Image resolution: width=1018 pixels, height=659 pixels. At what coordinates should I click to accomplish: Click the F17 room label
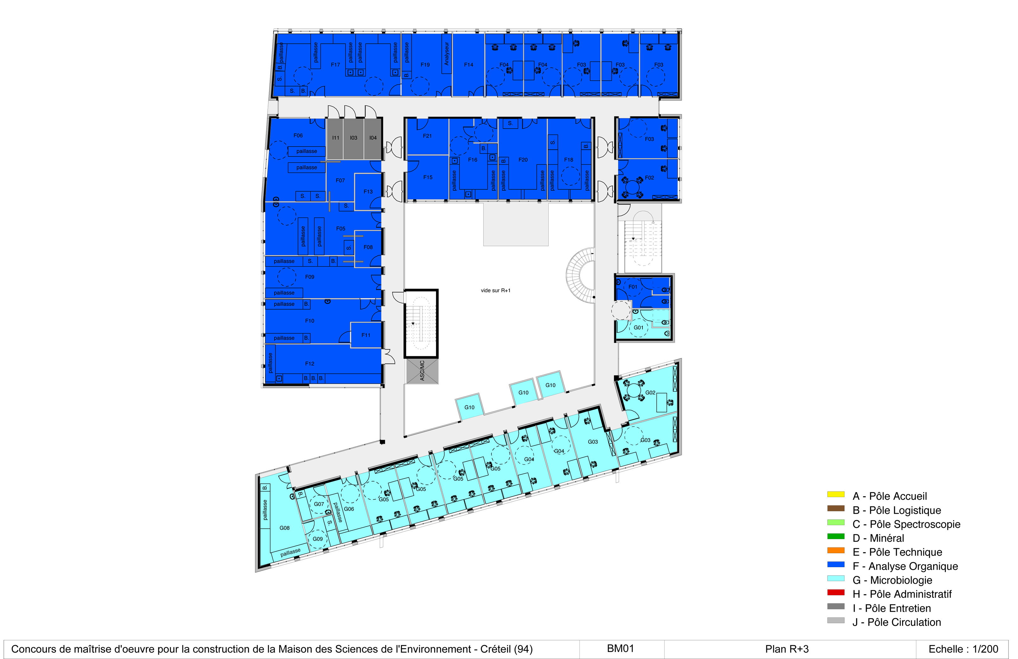pyautogui.click(x=335, y=65)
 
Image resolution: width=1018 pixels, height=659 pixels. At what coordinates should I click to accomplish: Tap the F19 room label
pyautogui.click(x=425, y=65)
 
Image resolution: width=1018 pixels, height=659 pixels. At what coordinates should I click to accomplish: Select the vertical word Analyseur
pyautogui.click(x=446, y=54)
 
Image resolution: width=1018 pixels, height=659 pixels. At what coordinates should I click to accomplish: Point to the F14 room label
pyautogui.click(x=469, y=65)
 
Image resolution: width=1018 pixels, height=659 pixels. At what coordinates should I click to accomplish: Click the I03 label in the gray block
pyautogui.click(x=353, y=138)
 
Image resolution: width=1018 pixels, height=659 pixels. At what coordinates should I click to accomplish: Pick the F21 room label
pyautogui.click(x=427, y=136)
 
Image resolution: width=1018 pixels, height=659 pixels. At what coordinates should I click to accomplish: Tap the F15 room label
pyautogui.click(x=428, y=177)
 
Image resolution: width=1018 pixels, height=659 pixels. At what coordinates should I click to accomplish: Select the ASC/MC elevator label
pyautogui.click(x=422, y=370)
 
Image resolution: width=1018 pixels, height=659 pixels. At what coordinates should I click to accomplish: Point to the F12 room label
pyautogui.click(x=310, y=364)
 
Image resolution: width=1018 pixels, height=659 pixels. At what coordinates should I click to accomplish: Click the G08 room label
pyautogui.click(x=284, y=528)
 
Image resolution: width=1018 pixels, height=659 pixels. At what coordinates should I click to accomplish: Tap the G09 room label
pyautogui.click(x=318, y=539)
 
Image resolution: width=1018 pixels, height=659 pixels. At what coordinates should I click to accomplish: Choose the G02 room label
pyautogui.click(x=650, y=393)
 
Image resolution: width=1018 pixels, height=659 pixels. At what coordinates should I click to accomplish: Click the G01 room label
pyautogui.click(x=639, y=327)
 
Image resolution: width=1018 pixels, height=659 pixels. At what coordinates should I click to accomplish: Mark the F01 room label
pyautogui.click(x=633, y=287)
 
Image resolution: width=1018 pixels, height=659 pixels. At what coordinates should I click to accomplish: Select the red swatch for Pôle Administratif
pyautogui.click(x=836, y=592)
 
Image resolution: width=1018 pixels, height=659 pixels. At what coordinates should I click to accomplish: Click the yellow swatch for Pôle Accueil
pyautogui.click(x=836, y=494)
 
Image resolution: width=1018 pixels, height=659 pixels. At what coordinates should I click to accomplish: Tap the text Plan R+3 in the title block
pyautogui.click(x=787, y=649)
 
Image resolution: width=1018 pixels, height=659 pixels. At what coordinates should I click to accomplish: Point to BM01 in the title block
pyautogui.click(x=620, y=649)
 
